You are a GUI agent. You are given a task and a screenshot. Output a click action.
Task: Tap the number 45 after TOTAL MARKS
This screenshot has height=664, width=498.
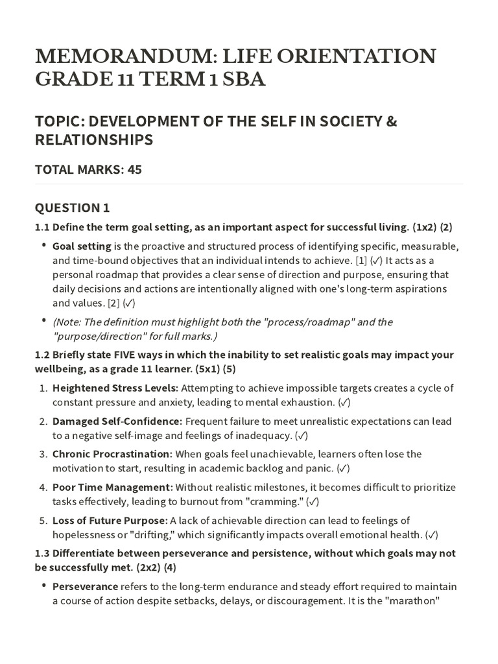coord(135,170)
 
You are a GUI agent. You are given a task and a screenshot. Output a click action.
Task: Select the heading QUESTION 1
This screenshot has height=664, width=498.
coord(72,207)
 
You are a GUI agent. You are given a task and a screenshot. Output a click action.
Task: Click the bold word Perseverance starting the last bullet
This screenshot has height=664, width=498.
coord(85,586)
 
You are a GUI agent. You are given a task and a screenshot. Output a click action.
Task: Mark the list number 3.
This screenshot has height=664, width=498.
coord(43,454)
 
